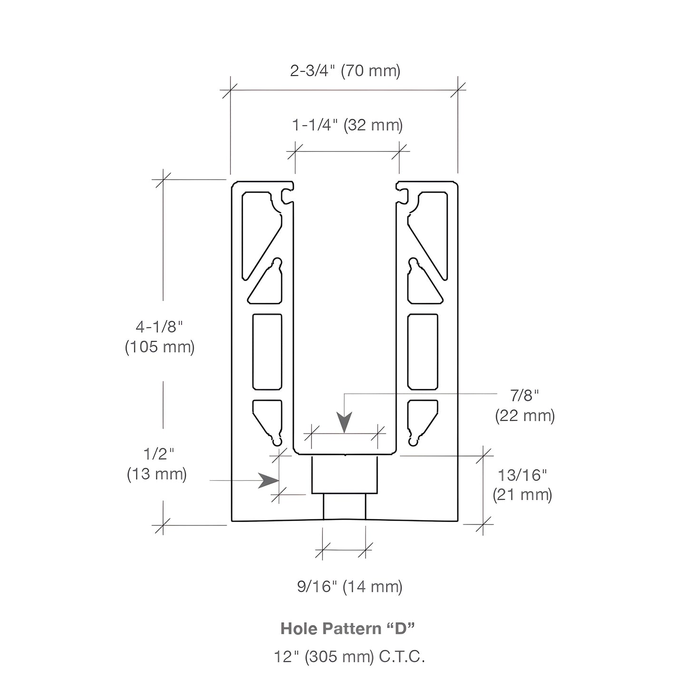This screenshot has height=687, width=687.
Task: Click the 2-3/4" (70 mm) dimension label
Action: (x=345, y=71)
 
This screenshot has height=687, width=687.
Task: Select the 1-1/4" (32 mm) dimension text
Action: (x=347, y=126)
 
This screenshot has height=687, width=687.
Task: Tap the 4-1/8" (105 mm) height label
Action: (x=159, y=337)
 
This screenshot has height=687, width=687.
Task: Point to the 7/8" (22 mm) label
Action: (x=524, y=406)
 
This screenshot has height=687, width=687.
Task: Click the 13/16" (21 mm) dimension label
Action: (x=523, y=485)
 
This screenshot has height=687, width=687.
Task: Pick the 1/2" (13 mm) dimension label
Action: (x=157, y=464)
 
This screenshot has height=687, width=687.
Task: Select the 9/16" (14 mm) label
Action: (x=350, y=587)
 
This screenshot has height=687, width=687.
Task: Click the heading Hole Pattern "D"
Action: (x=348, y=629)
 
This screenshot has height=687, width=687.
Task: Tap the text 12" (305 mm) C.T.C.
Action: (x=349, y=657)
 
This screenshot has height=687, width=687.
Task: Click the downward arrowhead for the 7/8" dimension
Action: (x=344, y=422)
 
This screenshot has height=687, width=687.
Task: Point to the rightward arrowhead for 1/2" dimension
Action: (x=268, y=481)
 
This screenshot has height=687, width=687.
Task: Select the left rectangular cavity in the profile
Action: (x=267, y=352)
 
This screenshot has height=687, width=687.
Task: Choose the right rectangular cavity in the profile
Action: (x=423, y=352)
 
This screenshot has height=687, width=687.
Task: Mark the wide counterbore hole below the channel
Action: (x=344, y=474)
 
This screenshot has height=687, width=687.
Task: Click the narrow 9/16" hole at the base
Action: (x=344, y=507)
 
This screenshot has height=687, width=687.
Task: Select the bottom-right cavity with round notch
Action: (x=422, y=423)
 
